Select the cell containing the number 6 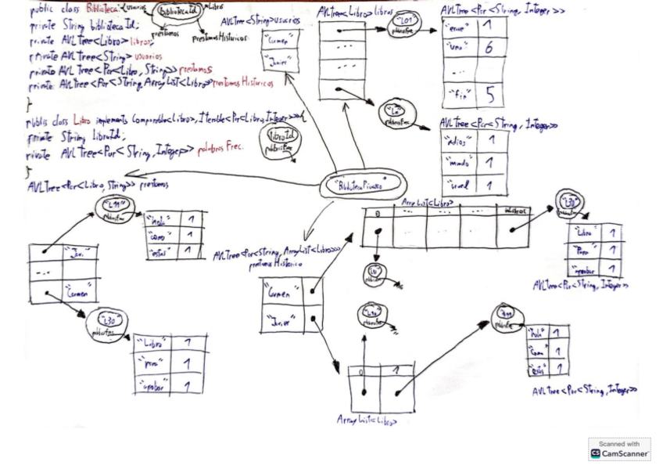pyautogui.click(x=489, y=49)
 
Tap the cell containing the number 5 pyautogui.click(x=490, y=95)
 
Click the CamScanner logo pyautogui.click(x=596, y=453)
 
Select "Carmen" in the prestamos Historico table pyautogui.click(x=280, y=294)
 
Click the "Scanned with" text pyautogui.click(x=619, y=444)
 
